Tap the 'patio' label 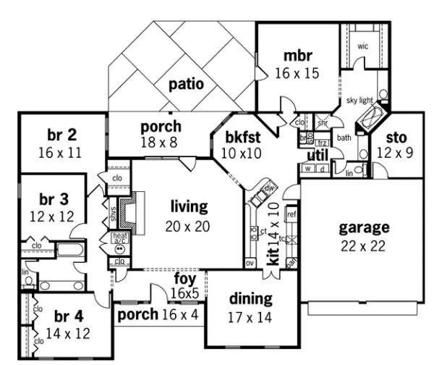[186, 84]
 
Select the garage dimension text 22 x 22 [365, 245]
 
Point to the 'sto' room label [396, 137]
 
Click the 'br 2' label [62, 135]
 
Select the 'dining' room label [250, 298]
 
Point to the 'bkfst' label [242, 135]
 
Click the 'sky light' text [359, 100]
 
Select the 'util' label [318, 154]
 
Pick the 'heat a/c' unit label [119, 238]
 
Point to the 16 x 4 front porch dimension [177, 315]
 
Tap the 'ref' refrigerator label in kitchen [292, 214]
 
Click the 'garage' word [365, 227]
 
